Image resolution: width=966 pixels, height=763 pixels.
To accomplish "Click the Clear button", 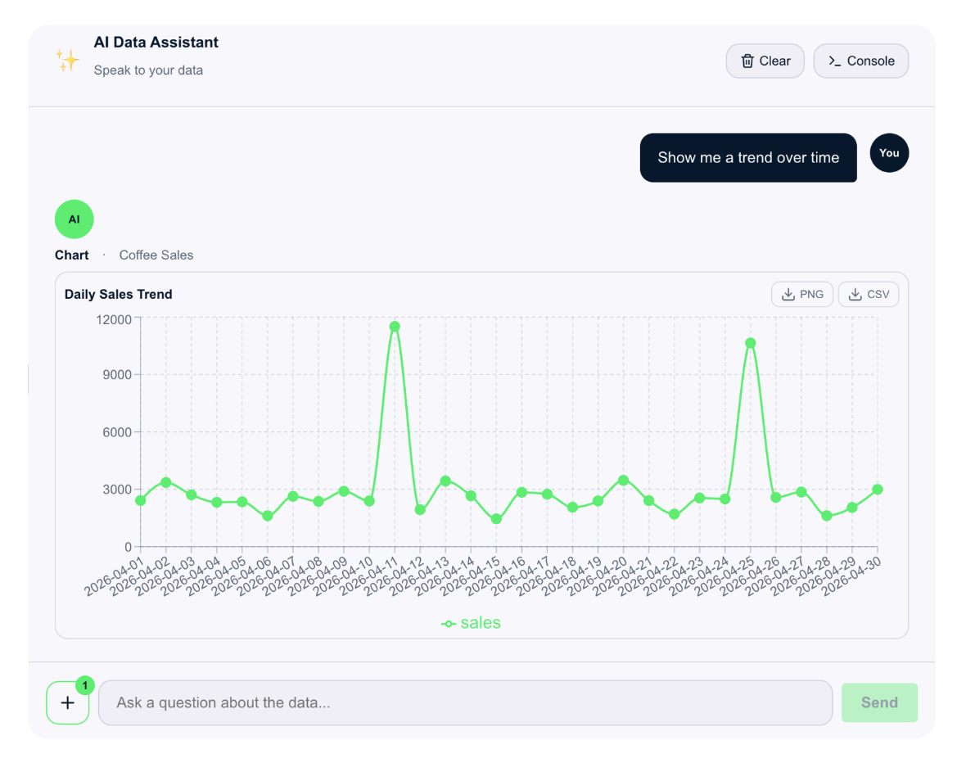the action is pos(765,61).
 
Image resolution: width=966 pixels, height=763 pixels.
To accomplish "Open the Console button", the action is pos(861,61).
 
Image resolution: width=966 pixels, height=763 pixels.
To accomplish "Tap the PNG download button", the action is pos(802,294).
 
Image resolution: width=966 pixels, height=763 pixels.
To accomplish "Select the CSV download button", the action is pos(869,294).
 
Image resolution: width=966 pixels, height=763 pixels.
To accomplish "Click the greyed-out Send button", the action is pos(880,702).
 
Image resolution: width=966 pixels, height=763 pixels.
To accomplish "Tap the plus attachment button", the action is pos(68,702).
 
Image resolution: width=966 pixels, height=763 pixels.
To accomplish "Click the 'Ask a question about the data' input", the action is pos(466,702).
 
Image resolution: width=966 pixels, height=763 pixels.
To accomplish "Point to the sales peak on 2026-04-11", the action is pos(395,327).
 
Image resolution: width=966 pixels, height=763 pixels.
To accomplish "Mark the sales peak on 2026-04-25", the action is pos(751,343).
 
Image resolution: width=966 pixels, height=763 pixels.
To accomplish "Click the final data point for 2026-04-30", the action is pos(878,490).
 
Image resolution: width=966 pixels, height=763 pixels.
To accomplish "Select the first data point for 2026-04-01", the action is pos(141,500).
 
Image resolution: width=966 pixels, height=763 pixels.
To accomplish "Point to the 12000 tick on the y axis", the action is pos(114,319).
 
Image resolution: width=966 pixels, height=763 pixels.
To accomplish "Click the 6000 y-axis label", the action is pos(117,432).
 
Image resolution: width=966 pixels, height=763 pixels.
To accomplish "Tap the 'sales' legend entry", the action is pos(472,623).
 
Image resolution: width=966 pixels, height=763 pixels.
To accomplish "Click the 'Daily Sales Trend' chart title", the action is pos(118,294).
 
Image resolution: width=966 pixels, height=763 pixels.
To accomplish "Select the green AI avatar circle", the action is pos(74,219).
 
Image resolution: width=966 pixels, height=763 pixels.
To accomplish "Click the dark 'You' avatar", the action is pos(889,153).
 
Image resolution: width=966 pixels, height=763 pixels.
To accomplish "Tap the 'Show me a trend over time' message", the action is pos(748,158).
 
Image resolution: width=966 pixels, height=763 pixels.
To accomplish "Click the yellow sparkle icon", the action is pos(68,61).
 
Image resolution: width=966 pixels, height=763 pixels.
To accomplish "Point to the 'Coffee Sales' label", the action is pos(156,255).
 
